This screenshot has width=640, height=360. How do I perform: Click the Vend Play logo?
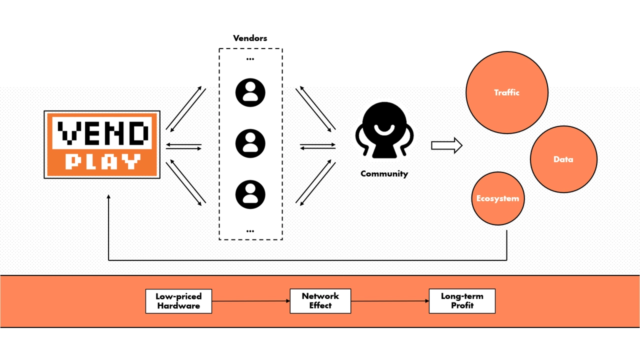102,144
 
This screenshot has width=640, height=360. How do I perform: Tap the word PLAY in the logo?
102,161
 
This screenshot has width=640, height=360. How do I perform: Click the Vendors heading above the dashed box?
250,38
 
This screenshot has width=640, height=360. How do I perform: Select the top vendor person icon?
250,92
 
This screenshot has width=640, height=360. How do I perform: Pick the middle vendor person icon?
250,143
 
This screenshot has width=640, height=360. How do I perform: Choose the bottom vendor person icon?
250,194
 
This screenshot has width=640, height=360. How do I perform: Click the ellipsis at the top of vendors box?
250,59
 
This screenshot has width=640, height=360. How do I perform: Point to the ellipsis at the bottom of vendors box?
250,231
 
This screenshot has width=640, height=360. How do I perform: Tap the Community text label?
384,174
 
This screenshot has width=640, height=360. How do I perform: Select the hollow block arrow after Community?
446,145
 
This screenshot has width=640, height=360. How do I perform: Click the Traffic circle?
506,92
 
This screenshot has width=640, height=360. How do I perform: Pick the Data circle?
563,159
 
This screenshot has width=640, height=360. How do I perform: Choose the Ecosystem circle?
497,198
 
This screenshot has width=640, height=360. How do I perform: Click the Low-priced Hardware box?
178,301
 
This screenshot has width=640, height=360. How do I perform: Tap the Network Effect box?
320,301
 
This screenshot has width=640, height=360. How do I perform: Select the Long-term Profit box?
462,301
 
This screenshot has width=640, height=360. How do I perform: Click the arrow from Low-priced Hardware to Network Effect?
250,301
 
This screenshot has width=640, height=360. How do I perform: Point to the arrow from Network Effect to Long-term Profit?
389,301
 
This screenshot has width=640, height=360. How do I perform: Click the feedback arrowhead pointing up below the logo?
108,197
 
